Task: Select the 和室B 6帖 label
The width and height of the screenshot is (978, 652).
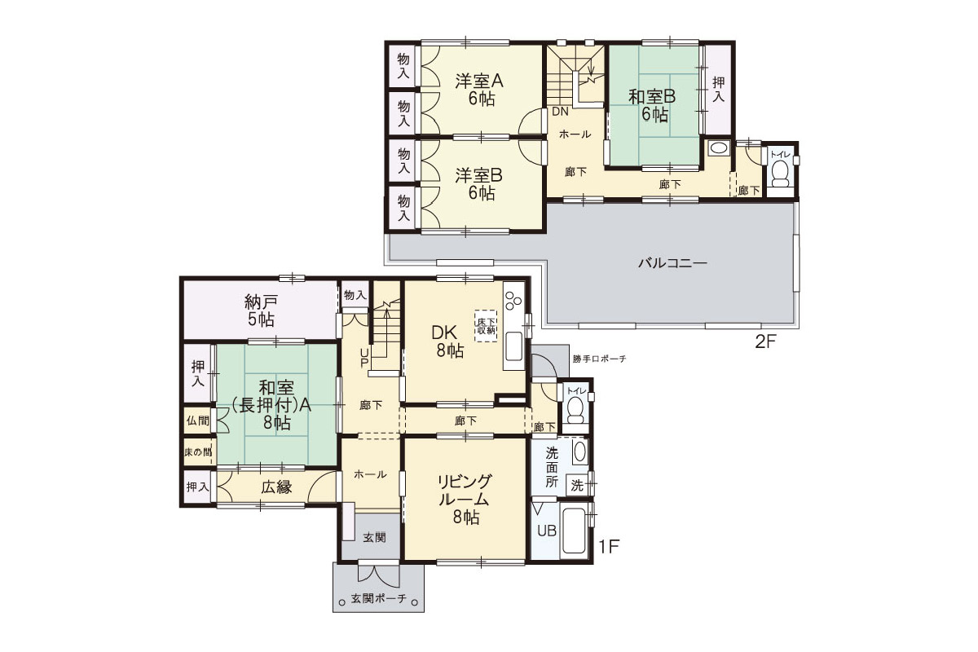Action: click(652, 105)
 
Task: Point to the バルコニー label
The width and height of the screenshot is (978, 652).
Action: click(672, 263)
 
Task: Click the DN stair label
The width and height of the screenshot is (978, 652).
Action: click(560, 112)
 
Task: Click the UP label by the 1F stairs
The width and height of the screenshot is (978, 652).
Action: click(364, 358)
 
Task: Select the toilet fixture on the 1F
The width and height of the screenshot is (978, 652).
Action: click(575, 410)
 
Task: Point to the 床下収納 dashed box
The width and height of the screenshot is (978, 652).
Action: click(486, 326)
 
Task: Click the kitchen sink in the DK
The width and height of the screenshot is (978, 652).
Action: click(514, 346)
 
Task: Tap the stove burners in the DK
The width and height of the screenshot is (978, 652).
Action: click(513, 301)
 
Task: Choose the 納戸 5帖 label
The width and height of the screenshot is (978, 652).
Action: click(261, 311)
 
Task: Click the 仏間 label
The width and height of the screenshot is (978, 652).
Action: click(198, 421)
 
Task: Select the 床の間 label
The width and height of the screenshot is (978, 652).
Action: click(198, 452)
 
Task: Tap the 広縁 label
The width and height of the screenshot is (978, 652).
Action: click(277, 487)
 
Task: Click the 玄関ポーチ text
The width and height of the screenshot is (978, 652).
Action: click(378, 598)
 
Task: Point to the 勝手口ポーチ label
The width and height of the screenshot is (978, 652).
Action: click(600, 359)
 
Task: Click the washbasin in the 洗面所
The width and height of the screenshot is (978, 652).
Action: click(579, 452)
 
